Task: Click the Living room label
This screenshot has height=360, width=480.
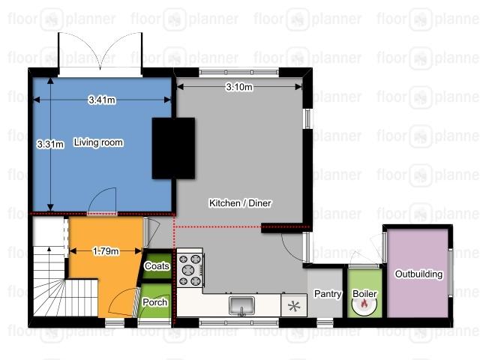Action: pyautogui.click(x=98, y=142)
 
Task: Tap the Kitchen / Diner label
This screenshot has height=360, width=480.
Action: pyautogui.click(x=240, y=203)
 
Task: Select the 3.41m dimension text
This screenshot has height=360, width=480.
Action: pyautogui.click(x=102, y=100)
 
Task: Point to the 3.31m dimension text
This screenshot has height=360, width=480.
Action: pyautogui.click(x=50, y=144)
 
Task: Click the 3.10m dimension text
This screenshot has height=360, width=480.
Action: pyautogui.click(x=239, y=87)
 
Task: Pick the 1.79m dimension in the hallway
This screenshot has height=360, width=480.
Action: pyautogui.click(x=106, y=251)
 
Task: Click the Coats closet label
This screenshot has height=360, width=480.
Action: pyautogui.click(x=157, y=266)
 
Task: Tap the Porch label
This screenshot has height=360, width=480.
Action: pyautogui.click(x=155, y=302)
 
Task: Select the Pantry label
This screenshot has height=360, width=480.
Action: pyautogui.click(x=328, y=294)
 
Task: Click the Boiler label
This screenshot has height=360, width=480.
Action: pyautogui.click(x=364, y=294)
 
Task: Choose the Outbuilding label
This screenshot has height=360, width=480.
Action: pyautogui.click(x=418, y=274)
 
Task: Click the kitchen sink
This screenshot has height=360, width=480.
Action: pyautogui.click(x=241, y=306)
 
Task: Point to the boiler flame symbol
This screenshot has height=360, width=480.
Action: pyautogui.click(x=364, y=303)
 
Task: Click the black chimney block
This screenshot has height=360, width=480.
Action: pyautogui.click(x=173, y=148)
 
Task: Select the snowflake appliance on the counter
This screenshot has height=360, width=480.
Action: pyautogui.click(x=294, y=306)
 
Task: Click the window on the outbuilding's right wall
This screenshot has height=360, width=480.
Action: pyautogui.click(x=450, y=273)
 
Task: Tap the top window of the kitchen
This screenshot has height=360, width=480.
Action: pyautogui.click(x=238, y=72)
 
